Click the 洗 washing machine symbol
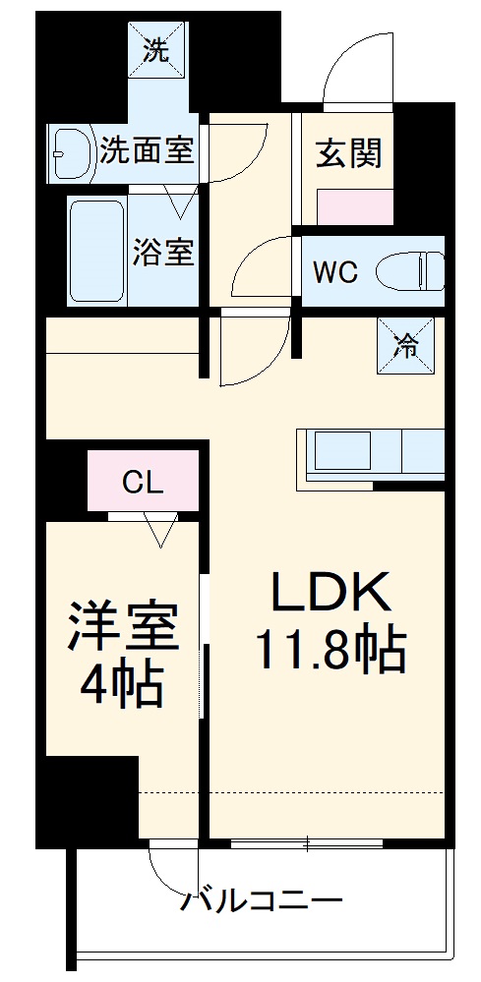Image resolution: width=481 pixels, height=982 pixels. [155, 50]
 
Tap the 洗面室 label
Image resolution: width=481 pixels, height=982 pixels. [148, 151]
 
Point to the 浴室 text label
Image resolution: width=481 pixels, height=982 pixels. [163, 252]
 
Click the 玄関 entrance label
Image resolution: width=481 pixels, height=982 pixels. [348, 154]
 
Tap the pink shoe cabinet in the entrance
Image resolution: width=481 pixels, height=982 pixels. [354, 208]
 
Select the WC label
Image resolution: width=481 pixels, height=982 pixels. [335, 272]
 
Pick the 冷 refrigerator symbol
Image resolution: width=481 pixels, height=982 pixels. [404, 346]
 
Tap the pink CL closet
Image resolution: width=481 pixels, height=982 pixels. [144, 482]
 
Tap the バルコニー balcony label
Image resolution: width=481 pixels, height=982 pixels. [263, 900]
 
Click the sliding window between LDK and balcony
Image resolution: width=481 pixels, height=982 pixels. [307, 843]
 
